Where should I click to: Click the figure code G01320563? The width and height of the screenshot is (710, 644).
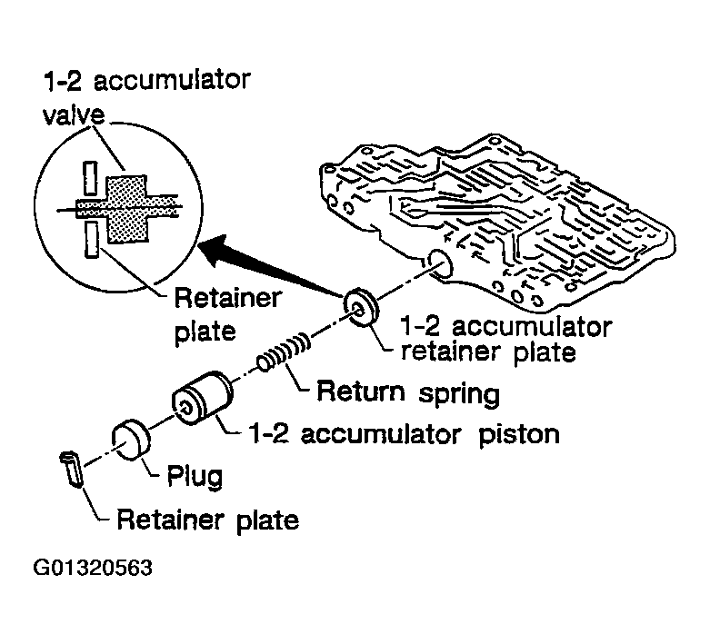coord(94,568)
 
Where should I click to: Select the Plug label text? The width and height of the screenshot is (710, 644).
coord(195,477)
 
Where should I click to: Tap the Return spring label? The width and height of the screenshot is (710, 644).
coord(408,392)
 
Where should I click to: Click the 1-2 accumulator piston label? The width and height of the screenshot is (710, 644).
coord(405,434)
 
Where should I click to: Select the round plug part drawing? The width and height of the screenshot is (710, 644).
coord(131,440)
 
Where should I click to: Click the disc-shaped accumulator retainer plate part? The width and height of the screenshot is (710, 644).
coord(360,307)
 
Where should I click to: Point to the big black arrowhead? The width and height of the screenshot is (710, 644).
coord(217,250)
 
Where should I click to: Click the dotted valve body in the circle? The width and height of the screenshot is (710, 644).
coord(126,209)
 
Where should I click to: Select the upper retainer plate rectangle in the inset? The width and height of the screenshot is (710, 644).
coord(91,178)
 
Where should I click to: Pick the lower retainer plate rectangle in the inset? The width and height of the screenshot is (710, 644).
coord(92,240)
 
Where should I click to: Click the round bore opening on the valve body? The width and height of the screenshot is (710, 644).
coord(439,264)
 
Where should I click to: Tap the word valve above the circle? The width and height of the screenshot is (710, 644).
coord(74,114)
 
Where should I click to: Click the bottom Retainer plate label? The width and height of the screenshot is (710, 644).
coord(208,520)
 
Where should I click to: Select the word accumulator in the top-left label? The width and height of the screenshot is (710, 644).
coord(172,81)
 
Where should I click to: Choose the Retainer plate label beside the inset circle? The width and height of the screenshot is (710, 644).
coord(228,315)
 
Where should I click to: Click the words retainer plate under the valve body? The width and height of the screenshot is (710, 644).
coord(488,352)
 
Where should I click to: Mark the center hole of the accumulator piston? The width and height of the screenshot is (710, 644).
coord(185,407)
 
